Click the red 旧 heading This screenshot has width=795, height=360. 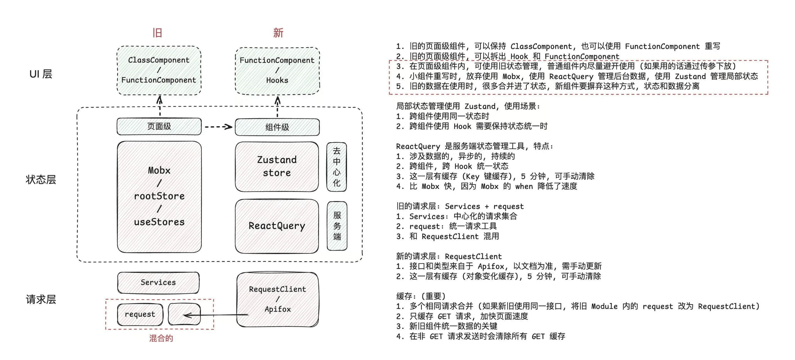tap(157, 33)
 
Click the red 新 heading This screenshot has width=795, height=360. tap(278, 33)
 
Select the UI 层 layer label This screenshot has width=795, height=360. tap(41, 74)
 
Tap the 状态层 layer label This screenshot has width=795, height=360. tap(41, 180)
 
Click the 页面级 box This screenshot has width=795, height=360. tap(159, 126)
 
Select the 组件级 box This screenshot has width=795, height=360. tap(277, 127)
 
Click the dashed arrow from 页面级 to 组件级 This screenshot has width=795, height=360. tap(218, 127)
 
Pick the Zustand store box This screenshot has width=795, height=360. tap(277, 166)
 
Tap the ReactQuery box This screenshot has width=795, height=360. tap(277, 226)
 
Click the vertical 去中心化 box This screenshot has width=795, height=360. tap(337, 167)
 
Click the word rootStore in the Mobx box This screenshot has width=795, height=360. tap(159, 196)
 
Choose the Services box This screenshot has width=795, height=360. tap(158, 282)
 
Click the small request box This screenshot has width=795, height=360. tap(140, 314)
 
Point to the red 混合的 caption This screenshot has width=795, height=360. tap(161, 338)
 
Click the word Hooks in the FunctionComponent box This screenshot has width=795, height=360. tap(277, 80)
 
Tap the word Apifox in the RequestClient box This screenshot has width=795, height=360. tap(278, 309)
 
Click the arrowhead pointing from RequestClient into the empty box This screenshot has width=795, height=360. tap(186, 315)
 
